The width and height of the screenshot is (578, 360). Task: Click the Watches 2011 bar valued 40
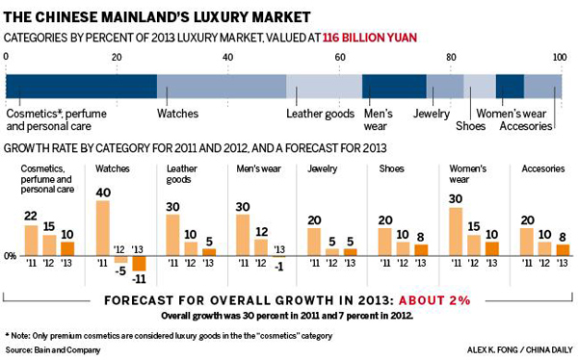[103, 227]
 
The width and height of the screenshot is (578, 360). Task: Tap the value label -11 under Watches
[139, 279]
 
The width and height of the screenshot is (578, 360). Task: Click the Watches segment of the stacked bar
[221, 86]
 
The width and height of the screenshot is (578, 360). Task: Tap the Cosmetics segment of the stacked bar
[81, 86]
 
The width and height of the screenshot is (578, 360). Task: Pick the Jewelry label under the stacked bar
[431, 114]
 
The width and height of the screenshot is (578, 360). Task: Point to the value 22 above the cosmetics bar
[31, 217]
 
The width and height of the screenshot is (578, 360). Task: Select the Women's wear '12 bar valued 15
[474, 244]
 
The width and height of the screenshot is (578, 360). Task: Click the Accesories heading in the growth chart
[542, 168]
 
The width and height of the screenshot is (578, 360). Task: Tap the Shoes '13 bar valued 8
[421, 249]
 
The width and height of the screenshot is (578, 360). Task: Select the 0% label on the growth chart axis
[11, 256]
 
